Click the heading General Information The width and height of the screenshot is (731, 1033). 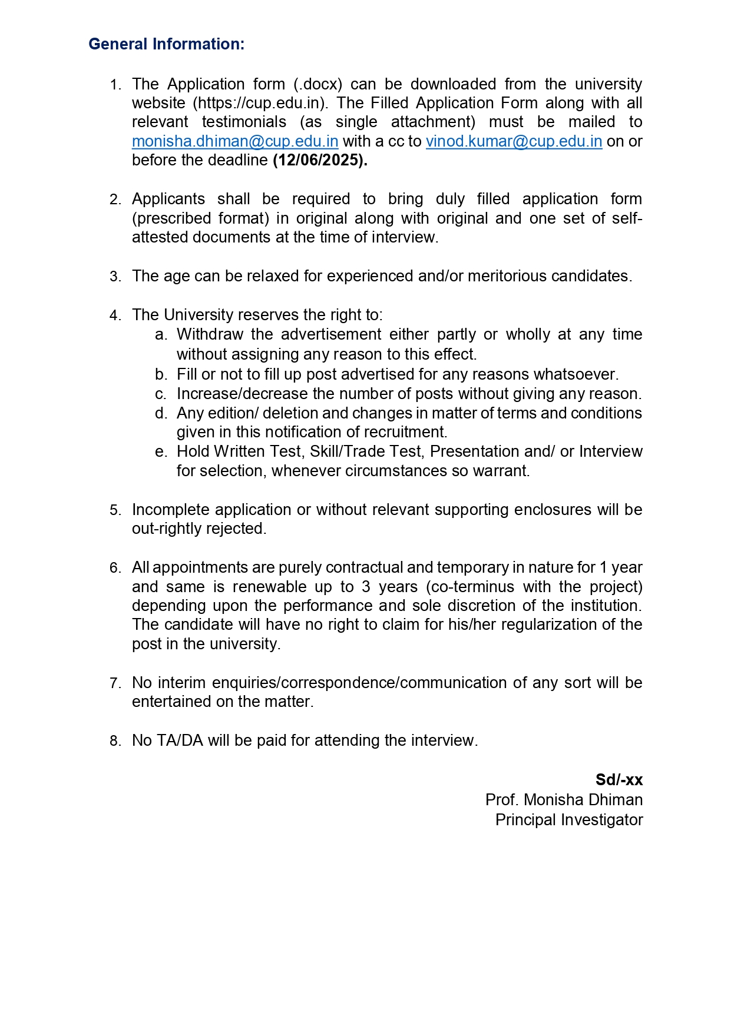(166, 44)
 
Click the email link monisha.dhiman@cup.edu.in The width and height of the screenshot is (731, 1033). (234, 141)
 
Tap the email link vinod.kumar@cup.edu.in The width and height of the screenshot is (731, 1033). (514, 141)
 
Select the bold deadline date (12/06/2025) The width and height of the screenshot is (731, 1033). (320, 160)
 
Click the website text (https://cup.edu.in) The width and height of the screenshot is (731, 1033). (260, 103)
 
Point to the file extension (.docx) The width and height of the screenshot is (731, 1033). (317, 84)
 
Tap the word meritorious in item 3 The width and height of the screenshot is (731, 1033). (507, 276)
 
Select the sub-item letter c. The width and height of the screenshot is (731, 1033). (160, 394)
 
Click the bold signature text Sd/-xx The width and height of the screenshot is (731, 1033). (618, 780)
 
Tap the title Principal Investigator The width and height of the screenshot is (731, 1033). (568, 820)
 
